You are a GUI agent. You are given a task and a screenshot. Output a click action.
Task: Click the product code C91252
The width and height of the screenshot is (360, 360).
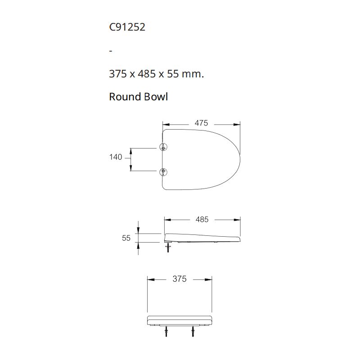click(127, 27)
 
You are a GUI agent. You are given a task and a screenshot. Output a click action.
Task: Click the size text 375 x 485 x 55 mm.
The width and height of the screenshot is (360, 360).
click(156, 74)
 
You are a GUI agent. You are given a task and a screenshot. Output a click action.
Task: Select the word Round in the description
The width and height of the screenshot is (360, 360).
click(125, 97)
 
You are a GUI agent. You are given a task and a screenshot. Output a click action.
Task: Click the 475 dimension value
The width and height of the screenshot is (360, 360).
click(201, 123)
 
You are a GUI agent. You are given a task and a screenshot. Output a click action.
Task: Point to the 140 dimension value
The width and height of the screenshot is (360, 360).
click(116, 157)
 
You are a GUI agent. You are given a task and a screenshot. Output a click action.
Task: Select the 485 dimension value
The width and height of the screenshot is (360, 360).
click(202, 220)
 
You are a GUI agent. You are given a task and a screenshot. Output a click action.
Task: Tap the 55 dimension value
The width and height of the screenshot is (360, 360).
click(126, 238)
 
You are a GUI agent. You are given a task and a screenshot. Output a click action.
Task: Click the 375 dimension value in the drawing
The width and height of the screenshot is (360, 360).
click(179, 279)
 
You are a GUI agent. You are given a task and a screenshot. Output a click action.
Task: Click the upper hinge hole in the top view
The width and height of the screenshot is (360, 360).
click(163, 147)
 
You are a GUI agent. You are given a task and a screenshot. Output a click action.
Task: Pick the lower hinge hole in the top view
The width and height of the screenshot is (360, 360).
click(163, 171)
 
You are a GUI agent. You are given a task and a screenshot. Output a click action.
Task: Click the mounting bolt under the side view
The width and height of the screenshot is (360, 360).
click(168, 247)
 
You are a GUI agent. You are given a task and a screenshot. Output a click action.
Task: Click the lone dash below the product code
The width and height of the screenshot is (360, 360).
click(111, 51)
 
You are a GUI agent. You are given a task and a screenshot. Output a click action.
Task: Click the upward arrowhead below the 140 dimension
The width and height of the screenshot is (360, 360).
click(131, 168)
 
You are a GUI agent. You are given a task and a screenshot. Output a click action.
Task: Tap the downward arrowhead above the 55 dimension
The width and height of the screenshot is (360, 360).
click(138, 230)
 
